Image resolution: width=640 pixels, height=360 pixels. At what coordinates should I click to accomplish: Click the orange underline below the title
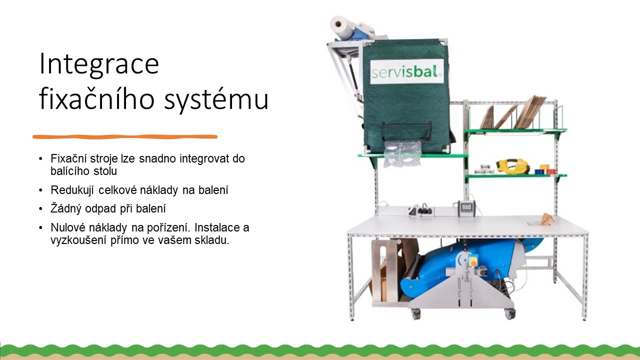click(125, 137)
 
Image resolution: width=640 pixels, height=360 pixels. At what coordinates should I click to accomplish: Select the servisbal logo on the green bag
click(407, 71)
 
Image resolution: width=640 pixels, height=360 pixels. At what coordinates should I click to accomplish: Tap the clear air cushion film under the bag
click(403, 154)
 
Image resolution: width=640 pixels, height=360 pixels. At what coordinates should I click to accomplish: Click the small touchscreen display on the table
click(466, 208)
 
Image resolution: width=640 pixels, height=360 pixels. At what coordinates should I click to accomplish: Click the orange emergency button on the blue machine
click(473, 262)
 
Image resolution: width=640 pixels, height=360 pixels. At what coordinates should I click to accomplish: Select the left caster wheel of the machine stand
click(415, 314)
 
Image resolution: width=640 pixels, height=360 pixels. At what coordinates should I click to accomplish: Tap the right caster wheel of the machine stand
click(509, 314)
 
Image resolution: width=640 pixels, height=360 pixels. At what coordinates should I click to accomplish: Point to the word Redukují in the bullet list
click(72, 190)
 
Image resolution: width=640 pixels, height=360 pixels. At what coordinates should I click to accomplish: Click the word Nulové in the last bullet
click(68, 227)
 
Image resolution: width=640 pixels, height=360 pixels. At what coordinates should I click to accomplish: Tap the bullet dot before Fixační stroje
click(40, 158)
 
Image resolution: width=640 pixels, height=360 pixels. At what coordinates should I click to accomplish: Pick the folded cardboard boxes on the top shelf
click(513, 113)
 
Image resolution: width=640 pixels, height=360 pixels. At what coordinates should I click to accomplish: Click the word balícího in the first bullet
click(67, 171)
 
